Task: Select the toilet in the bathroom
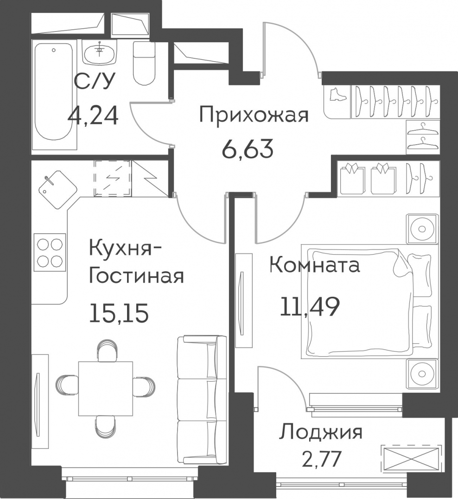point(144,63)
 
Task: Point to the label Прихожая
point(254,115)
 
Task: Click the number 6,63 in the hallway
point(248,149)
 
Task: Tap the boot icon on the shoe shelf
point(337,95)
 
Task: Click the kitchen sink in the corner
point(57,190)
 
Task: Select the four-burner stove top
point(50,252)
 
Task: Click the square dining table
point(106,389)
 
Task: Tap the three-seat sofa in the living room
point(202,400)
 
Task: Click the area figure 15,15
point(119,313)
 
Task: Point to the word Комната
point(315,265)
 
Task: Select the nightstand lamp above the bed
point(422,229)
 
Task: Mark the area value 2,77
point(321,459)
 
